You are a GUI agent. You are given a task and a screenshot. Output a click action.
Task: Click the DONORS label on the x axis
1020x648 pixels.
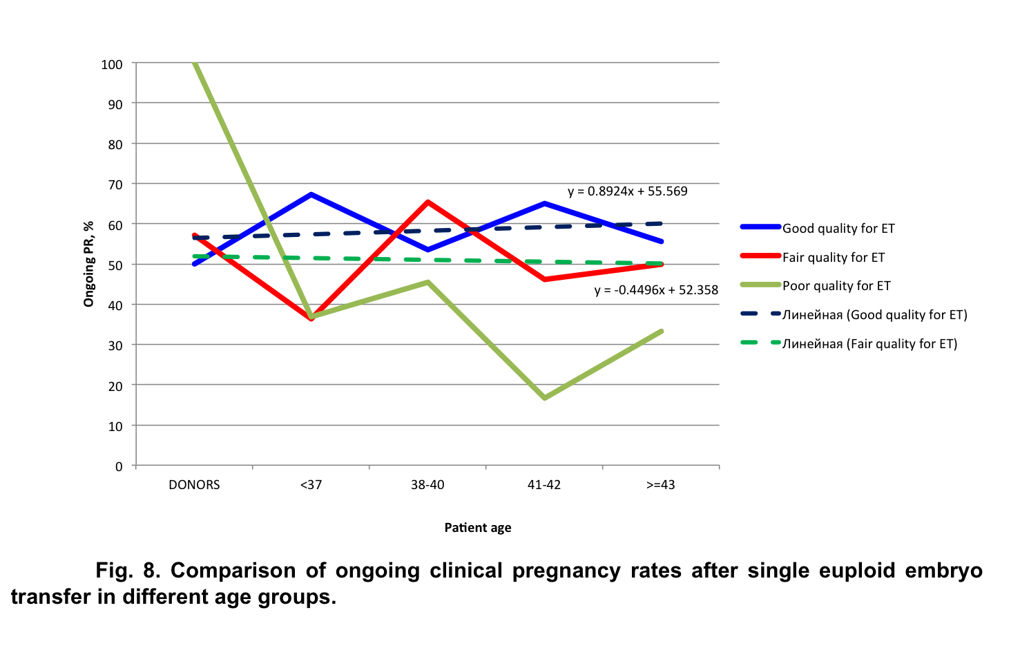[194, 485]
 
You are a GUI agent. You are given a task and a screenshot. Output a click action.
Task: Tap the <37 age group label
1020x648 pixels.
[311, 485]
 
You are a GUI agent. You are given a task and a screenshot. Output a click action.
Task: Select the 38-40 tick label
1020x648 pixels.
[427, 485]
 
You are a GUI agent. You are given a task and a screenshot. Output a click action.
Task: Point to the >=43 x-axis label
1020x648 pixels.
[661, 485]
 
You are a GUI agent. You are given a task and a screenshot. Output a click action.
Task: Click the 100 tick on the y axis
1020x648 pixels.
[112, 64]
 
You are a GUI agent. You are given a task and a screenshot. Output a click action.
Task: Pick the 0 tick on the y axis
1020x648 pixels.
[119, 467]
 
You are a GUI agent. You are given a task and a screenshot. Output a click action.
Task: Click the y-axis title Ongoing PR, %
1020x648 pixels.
[88, 264]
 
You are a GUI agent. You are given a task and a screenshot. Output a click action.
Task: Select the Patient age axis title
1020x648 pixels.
[478, 528]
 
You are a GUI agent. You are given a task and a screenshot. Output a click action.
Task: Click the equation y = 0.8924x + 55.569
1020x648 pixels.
[627, 191]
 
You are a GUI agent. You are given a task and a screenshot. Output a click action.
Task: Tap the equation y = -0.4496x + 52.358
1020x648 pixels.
[656, 290]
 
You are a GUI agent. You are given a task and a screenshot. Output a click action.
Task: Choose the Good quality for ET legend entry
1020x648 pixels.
[838, 229]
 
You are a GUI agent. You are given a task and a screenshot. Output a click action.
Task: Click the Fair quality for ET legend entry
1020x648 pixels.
[833, 258]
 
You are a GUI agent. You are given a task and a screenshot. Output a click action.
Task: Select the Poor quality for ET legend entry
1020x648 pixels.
[836, 286]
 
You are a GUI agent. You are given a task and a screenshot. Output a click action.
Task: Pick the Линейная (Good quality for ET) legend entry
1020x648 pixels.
[874, 315]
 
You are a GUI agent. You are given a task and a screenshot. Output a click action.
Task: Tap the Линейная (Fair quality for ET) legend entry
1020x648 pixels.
[869, 344]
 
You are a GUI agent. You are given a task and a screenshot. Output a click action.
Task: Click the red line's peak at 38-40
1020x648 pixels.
[428, 202]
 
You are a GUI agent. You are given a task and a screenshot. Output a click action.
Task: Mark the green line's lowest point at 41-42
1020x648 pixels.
[545, 398]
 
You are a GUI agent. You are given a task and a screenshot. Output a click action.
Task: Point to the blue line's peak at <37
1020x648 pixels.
[311, 194]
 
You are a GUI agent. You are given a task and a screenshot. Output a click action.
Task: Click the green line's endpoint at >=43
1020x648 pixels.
[662, 331]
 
